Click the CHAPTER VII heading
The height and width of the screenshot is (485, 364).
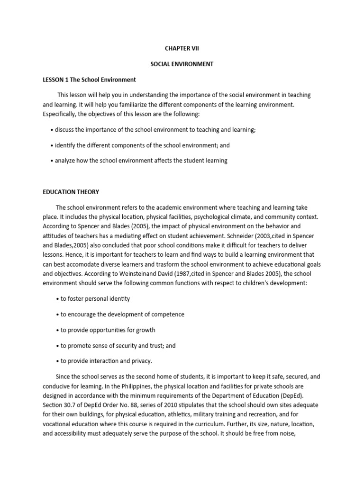pos(182,48)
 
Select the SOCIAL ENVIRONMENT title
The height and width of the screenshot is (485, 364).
pos(182,64)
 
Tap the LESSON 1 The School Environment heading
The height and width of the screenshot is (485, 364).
pos(89,80)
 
